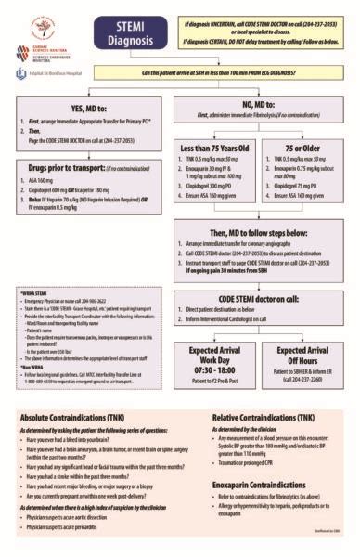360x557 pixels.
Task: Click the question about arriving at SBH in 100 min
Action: tap(200, 73)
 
